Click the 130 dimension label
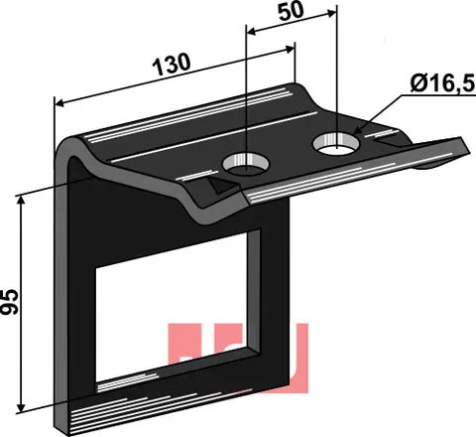point(172,64)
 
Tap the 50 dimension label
point(291,12)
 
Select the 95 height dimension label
point(9,301)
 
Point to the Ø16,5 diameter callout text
point(442,83)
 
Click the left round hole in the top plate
point(245,164)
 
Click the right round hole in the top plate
point(336,143)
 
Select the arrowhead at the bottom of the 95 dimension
point(21,408)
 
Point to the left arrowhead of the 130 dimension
point(59,103)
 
